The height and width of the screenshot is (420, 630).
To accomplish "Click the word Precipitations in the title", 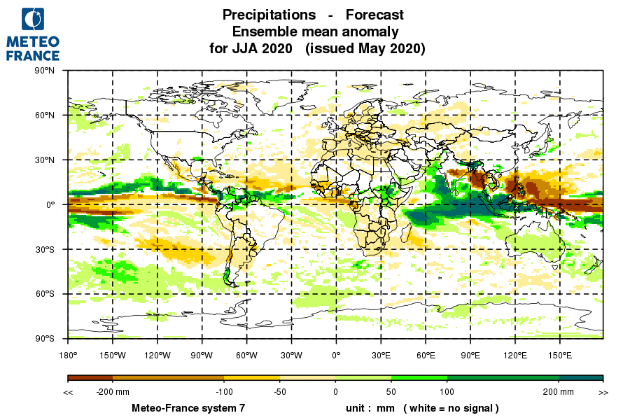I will pos(269,15).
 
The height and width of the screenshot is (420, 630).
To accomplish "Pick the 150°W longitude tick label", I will pos(112,356).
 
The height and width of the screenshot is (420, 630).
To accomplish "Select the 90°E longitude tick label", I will pos(470,356).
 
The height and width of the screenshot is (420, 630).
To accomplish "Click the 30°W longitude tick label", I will pos(291,356).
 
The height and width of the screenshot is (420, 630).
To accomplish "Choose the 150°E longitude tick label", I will pos(560,356).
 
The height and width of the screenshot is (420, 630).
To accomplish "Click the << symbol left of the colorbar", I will pos(68,392).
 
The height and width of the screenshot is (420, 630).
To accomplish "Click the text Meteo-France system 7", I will pos(188,407).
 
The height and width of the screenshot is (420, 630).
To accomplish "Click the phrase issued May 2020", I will pos(365,49).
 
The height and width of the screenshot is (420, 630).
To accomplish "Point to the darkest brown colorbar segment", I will pos(90,378).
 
